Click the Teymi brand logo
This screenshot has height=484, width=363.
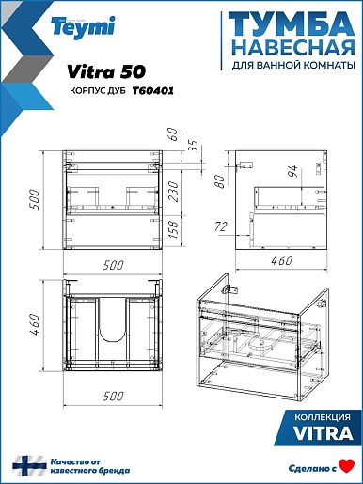coord(83,27)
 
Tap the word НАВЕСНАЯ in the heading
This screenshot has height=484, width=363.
coord(295,48)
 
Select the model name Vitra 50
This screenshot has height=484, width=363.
coord(106,71)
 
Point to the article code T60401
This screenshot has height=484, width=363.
coord(152,91)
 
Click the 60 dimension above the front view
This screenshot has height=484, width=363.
coord(172,134)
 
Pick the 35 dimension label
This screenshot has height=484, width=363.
coord(194,146)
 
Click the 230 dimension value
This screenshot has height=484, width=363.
coord(173,192)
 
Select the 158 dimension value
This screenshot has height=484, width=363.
coord(173,229)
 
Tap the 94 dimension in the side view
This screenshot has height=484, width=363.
coord(292,171)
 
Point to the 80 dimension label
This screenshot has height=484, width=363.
coord(220,181)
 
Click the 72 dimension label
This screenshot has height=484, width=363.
coord(221,226)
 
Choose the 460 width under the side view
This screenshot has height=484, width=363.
coord(281,260)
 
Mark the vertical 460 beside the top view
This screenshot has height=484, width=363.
coord(34,325)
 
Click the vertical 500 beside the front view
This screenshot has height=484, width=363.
coord(34,199)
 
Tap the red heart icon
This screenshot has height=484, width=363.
coord(347,466)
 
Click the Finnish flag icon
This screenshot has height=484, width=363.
coord(29,466)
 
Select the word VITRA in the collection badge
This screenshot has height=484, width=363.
coord(323,433)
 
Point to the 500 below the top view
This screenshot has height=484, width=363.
coord(113,397)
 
